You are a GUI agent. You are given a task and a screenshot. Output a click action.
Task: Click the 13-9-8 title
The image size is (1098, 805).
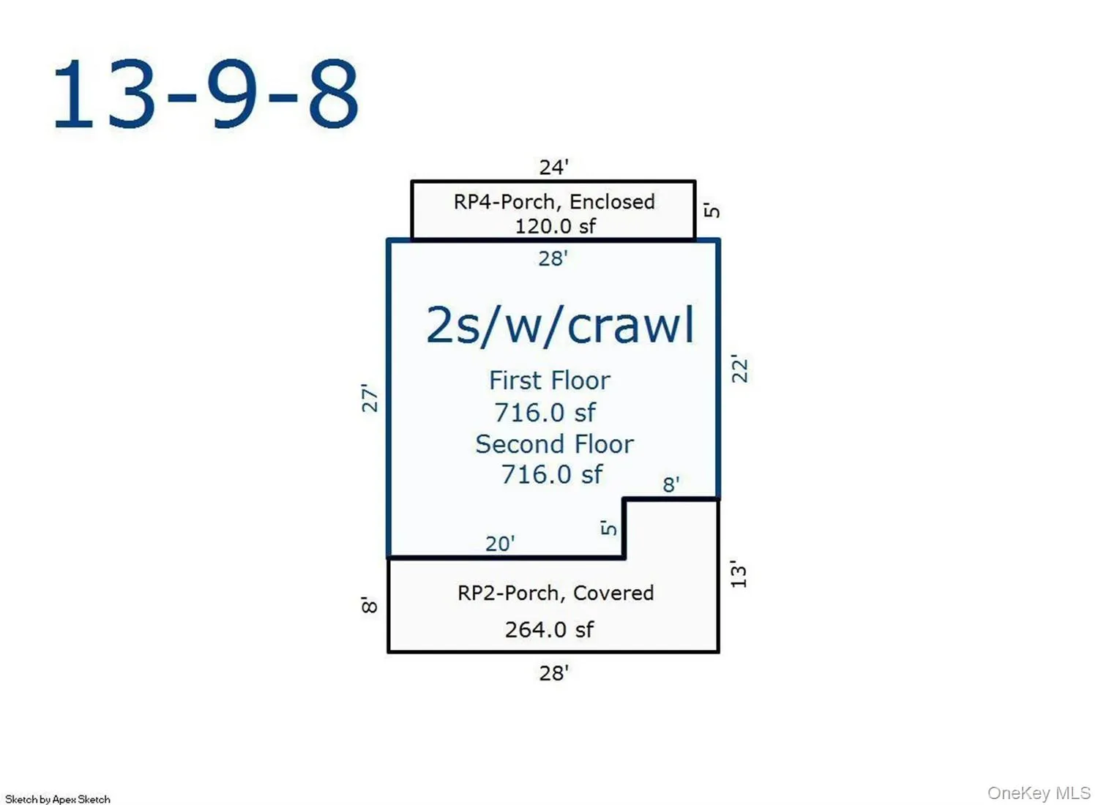click(206, 94)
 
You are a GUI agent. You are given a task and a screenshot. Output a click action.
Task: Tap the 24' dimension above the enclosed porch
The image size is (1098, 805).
click(554, 168)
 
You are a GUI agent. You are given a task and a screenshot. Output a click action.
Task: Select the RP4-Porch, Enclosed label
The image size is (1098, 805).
click(554, 202)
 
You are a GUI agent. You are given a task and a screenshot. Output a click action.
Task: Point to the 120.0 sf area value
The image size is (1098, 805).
click(556, 226)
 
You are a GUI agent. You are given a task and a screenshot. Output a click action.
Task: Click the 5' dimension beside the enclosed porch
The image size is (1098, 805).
click(712, 210)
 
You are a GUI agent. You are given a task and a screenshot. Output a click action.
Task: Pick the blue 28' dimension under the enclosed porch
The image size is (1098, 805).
click(553, 258)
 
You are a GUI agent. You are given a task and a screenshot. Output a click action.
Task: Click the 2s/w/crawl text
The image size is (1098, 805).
click(560, 326)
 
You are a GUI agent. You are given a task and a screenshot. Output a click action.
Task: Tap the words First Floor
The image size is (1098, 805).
click(550, 381)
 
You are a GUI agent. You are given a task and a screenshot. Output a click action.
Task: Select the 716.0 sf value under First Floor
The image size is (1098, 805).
click(545, 413)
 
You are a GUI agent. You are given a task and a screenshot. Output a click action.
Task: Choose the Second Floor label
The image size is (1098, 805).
click(554, 444)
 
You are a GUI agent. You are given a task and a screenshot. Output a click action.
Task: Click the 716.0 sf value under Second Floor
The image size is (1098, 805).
click(551, 474)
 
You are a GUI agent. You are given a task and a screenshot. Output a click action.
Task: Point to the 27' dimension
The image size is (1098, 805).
click(370, 398)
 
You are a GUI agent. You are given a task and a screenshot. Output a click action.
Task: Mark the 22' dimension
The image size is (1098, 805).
click(740, 368)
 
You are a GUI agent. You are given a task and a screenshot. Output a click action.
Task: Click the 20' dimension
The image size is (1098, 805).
click(500, 544)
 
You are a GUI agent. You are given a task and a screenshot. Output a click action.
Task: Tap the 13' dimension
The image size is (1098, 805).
click(739, 573)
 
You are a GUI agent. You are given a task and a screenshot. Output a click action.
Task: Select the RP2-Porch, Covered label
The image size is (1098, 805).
click(556, 594)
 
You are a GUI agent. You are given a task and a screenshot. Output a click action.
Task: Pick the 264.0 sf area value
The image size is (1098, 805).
click(549, 629)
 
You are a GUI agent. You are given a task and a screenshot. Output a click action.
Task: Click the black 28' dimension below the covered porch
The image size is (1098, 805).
click(554, 673)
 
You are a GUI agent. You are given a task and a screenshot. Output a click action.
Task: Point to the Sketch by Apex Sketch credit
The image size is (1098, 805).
click(58, 799)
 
